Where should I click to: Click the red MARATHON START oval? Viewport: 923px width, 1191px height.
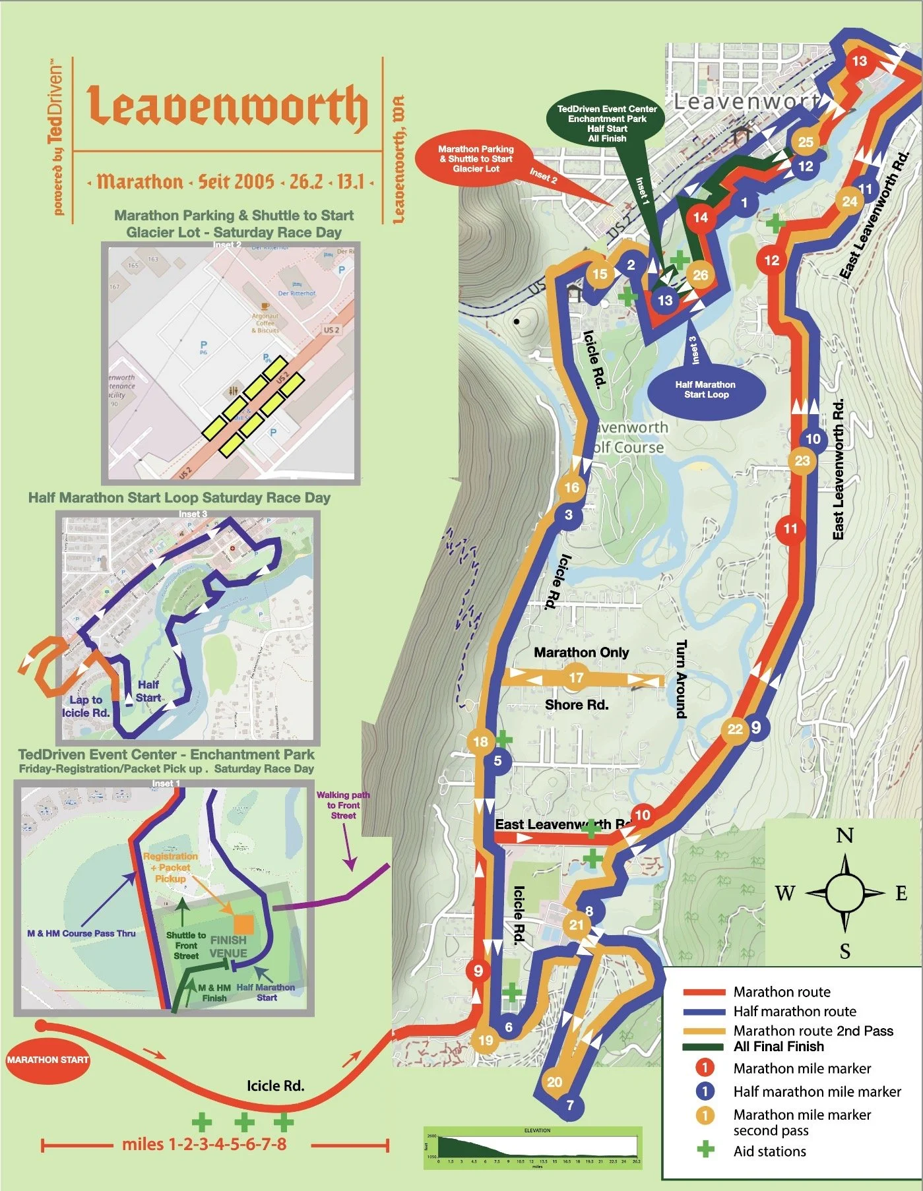[48, 1060]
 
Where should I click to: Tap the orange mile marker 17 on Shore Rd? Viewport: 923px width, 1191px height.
[576, 678]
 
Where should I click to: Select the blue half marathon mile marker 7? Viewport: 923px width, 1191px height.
[570, 1105]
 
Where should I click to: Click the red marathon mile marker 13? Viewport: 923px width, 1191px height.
[859, 61]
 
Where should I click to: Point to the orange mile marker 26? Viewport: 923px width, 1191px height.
[700, 275]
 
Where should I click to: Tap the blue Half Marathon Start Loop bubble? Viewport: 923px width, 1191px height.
[706, 390]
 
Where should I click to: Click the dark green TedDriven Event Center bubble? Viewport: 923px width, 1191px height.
[607, 123]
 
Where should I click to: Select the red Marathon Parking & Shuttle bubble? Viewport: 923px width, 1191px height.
[476, 159]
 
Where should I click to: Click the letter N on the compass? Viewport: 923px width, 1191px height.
[844, 836]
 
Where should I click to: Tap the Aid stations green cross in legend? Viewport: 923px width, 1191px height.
[705, 1151]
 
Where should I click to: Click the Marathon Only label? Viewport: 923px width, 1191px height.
[581, 652]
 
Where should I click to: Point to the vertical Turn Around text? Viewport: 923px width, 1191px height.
[681, 679]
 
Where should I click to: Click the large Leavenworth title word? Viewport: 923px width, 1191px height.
[228, 107]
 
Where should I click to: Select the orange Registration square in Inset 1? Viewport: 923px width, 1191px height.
[243, 924]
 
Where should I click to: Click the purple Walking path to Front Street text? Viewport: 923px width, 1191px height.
[343, 805]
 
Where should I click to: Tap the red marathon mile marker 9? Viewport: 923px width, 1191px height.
[478, 971]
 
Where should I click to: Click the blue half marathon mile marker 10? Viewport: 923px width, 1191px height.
[813, 439]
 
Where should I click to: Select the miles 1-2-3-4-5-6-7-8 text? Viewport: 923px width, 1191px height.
[205, 1144]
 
